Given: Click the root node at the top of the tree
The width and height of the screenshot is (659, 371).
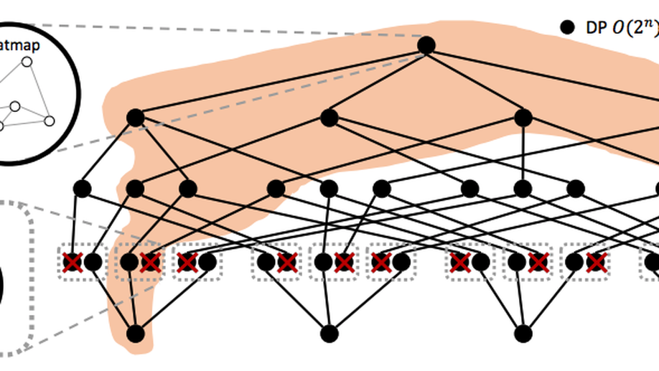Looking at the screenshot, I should pos(426,45).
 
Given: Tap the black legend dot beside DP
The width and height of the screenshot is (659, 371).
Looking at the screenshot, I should pos(568,28).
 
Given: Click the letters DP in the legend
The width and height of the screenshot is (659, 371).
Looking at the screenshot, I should pos(594,28).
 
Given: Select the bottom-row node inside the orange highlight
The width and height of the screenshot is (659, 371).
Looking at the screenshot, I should pos(135,333).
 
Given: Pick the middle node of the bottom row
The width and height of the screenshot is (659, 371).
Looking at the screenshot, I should pos(329,333).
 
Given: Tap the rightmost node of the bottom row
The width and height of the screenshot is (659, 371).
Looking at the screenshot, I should pos(523,333).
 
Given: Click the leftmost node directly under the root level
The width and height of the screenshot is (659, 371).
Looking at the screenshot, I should pos(135,118).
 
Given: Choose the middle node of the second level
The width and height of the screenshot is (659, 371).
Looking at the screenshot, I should pos(329,117).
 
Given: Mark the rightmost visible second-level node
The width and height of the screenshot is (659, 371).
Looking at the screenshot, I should pos(523,117).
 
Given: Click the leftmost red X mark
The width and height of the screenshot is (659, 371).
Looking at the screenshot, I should pos(72,263).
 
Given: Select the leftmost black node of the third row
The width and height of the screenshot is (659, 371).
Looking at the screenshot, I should pos(82,189).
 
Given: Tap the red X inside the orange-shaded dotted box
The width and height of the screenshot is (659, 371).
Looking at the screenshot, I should pos(150,263).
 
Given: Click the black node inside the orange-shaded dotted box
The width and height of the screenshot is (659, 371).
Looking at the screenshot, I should pos(129,263).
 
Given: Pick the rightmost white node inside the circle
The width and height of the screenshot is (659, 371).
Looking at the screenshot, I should pos(49,121).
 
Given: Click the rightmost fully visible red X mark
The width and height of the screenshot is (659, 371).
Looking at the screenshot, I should pos(595,263).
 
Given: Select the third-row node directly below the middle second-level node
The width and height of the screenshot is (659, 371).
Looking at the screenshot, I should pos(329,189).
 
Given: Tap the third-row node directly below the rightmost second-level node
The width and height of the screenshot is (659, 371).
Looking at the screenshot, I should pos(523,189).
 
